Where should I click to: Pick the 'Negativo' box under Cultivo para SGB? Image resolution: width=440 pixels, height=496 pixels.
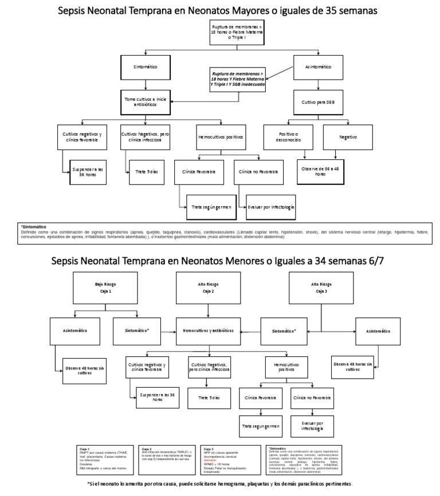click(x=348, y=137)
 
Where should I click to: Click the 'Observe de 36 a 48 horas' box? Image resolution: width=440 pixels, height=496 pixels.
click(x=320, y=170)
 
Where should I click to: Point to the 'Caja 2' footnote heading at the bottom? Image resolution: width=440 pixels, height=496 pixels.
click(x=146, y=449)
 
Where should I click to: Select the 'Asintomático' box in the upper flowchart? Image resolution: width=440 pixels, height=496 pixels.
click(x=319, y=67)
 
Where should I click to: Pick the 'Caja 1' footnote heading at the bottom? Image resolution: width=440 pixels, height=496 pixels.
click(x=85, y=449)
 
